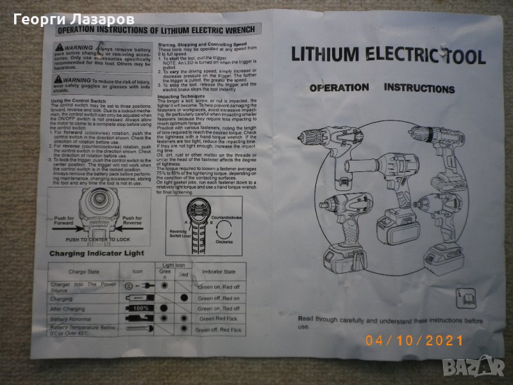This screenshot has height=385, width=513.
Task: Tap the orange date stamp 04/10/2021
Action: [414, 341]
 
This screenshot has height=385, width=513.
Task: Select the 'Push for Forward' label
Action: [62, 221]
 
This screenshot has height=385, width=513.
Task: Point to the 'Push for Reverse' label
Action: [137, 221]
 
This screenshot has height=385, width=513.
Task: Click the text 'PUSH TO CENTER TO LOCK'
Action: [98, 239]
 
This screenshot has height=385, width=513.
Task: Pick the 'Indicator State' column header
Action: [217, 271]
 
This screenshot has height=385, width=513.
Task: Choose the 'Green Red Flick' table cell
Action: [218, 319]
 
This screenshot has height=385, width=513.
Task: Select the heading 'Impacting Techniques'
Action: [182, 96]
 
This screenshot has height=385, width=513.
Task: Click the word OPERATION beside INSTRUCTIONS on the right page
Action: [339, 88]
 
